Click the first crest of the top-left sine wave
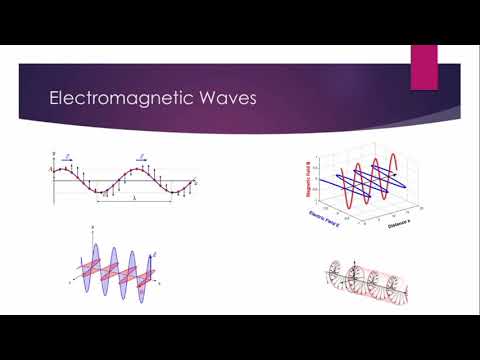[x=69, y=168]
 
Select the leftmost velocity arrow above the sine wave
[x=66, y=158]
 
